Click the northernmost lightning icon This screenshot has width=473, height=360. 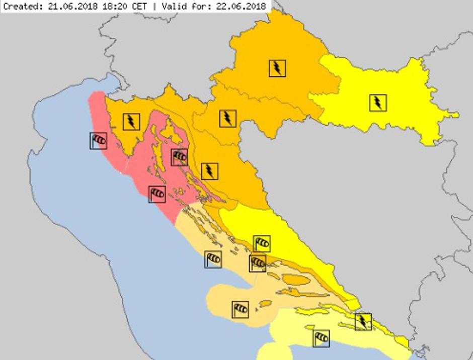[x=277, y=68]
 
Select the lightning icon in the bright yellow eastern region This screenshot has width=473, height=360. [x=377, y=103]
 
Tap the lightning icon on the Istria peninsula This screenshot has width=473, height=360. [x=131, y=121]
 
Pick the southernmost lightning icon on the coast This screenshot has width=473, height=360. [x=362, y=321]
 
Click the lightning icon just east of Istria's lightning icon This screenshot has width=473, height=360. [x=227, y=118]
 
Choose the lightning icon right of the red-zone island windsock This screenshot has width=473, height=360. [x=209, y=171]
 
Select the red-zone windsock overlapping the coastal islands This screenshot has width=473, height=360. [x=179, y=157]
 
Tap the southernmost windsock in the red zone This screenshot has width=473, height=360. [x=157, y=194]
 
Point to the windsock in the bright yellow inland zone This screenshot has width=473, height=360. [x=262, y=244]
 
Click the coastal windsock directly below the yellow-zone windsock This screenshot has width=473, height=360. [x=258, y=263]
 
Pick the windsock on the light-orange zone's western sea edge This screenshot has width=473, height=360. [x=213, y=259]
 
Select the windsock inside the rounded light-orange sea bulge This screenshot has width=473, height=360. [x=241, y=309]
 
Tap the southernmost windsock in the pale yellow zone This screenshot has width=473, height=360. [x=321, y=338]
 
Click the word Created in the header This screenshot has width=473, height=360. [x=20, y=6]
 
